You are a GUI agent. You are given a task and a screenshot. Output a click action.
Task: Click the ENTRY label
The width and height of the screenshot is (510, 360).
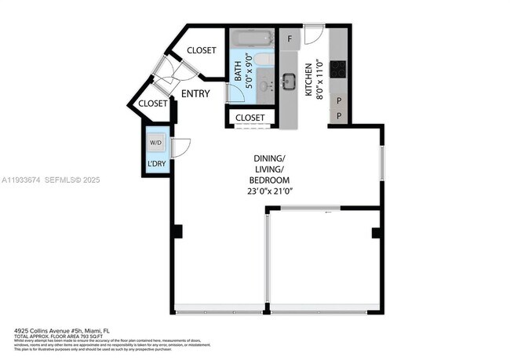[195, 94]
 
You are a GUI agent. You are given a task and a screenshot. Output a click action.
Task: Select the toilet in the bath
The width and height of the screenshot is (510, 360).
[264, 60]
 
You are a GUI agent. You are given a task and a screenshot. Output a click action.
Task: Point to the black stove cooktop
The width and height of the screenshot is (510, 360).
[339, 69]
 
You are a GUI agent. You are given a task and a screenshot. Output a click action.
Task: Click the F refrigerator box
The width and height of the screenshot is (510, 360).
[290, 38]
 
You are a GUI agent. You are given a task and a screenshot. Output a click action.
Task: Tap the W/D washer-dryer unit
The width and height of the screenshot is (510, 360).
[155, 143]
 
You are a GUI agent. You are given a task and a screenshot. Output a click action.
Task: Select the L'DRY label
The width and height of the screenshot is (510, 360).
[155, 164]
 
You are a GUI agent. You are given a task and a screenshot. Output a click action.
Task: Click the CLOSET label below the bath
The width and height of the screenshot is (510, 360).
[250, 118]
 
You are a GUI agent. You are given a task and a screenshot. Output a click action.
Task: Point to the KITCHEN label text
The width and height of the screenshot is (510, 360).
[309, 78]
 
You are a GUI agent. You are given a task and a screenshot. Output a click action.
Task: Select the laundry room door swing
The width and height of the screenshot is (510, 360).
[180, 147]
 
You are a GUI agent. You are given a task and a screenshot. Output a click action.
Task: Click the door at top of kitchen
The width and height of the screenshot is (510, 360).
[314, 35]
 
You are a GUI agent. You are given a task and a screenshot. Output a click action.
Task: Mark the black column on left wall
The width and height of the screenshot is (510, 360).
[177, 231]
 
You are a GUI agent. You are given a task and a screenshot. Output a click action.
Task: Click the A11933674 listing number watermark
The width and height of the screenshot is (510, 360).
[22, 180]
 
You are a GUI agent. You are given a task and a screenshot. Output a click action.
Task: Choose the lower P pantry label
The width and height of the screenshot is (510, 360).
[339, 115]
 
